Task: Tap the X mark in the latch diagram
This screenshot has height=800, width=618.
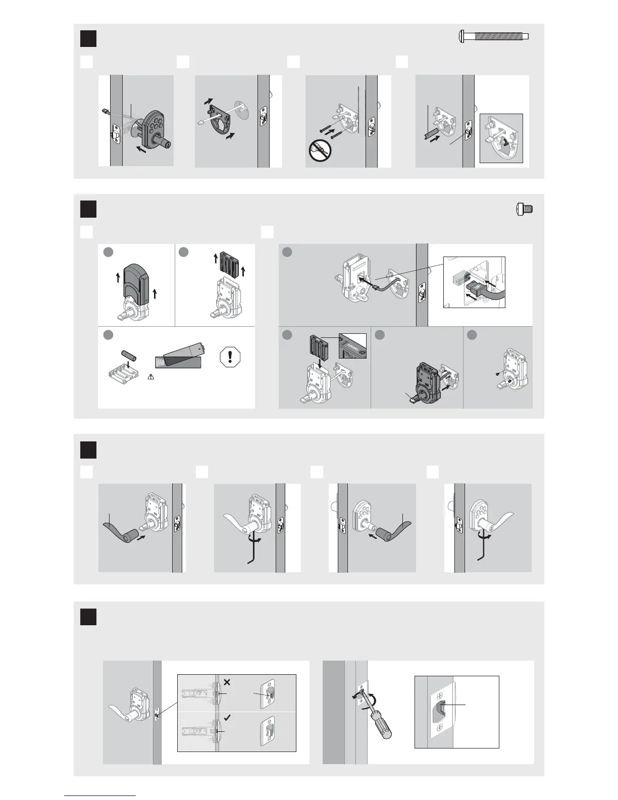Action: [x=227, y=682]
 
